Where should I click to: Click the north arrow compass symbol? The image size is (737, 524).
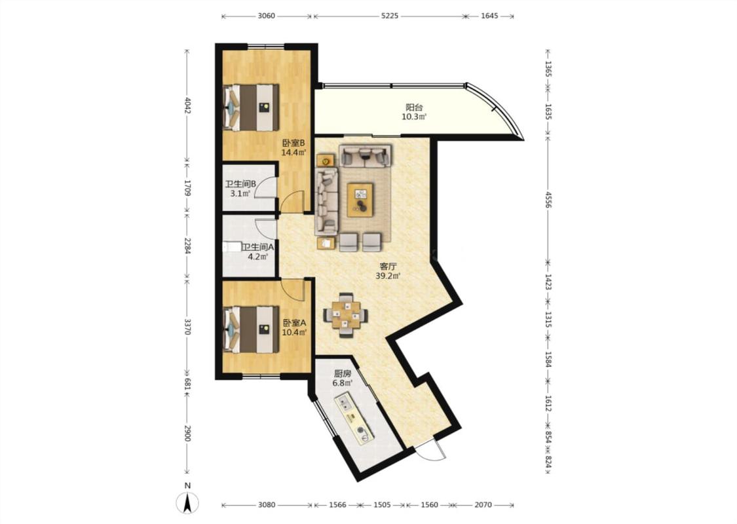pyautogui.click(x=187, y=503)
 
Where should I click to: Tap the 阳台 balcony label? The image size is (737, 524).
pyautogui.click(x=414, y=107)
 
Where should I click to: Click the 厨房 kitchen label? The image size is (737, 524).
pyautogui.click(x=343, y=373)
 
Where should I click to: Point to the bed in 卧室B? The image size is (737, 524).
pyautogui.click(x=251, y=107)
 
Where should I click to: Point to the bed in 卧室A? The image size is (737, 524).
pyautogui.click(x=251, y=329)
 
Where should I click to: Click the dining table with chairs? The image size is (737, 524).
pyautogui.click(x=345, y=315)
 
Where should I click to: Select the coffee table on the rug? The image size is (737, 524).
pyautogui.click(x=360, y=200)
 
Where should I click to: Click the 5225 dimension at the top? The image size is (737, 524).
pyautogui.click(x=390, y=16)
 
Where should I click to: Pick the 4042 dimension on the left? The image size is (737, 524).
pyautogui.click(x=187, y=105)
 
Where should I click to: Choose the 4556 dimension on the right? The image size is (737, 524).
pyautogui.click(x=548, y=200)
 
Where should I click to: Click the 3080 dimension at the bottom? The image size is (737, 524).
pyautogui.click(x=267, y=505)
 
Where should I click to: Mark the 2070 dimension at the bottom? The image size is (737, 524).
pyautogui.click(x=483, y=505)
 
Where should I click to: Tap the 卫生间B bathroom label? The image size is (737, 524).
pyautogui.click(x=240, y=184)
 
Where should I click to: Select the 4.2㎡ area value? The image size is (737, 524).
pyautogui.click(x=258, y=257)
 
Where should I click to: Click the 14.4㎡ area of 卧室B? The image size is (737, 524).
pyautogui.click(x=293, y=152)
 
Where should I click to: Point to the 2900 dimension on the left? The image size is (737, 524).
pyautogui.click(x=187, y=434)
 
